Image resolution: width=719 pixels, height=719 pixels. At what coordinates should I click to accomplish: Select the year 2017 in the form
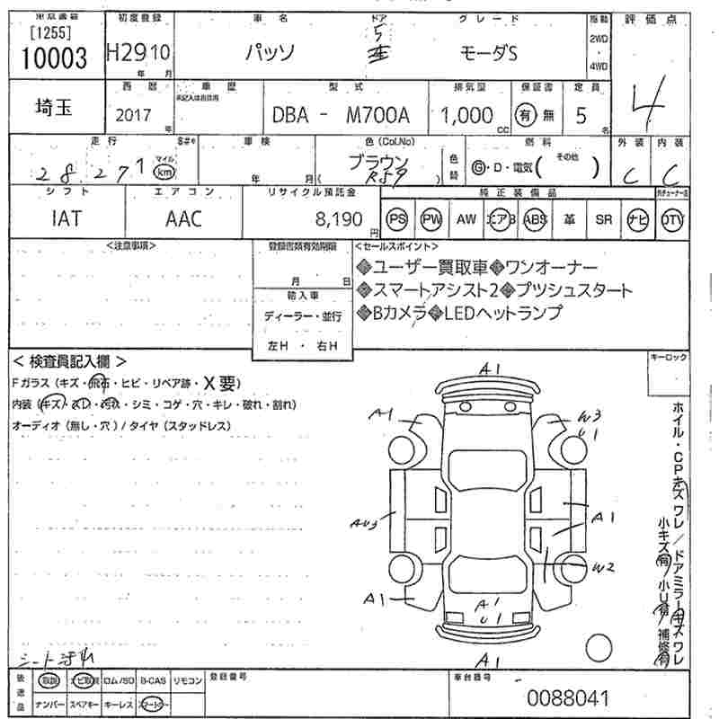point(134,116)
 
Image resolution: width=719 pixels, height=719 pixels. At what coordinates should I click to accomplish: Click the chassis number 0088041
point(568,697)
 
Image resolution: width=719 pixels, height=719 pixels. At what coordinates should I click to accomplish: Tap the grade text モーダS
point(484,53)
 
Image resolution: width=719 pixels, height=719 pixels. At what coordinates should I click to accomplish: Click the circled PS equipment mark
point(396,218)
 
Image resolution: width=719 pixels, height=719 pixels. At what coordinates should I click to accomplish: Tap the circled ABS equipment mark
point(536,218)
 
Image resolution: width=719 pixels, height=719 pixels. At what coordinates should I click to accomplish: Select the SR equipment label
point(603,218)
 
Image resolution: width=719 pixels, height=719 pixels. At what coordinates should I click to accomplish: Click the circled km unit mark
point(163,171)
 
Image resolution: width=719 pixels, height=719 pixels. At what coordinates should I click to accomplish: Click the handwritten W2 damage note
point(603,567)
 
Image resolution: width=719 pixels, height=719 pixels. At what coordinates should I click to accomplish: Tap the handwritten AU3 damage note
point(364,520)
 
